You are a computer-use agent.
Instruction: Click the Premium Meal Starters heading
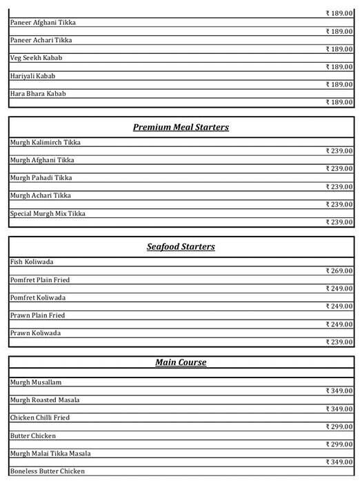pyautogui.click(x=181, y=128)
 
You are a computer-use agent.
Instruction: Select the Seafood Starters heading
pyautogui.click(x=181, y=247)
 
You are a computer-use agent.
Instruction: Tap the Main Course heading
pyautogui.click(x=181, y=362)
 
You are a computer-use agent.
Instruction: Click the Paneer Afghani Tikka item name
pyautogui.click(x=43, y=23)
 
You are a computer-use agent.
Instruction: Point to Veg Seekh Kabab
pyautogui.click(x=36, y=58)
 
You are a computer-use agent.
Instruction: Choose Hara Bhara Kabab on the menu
pyautogui.click(x=38, y=94)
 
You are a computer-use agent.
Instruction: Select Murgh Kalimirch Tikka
pyautogui.click(x=45, y=143)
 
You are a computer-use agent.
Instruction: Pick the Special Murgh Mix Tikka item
pyautogui.click(x=48, y=214)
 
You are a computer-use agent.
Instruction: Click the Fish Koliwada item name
pyautogui.click(x=32, y=262)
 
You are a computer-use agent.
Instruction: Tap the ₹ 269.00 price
pyautogui.click(x=339, y=270)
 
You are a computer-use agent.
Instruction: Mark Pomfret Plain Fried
pyautogui.click(x=40, y=280)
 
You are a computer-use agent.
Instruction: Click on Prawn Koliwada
pyautogui.click(x=35, y=333)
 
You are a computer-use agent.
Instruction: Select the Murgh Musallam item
pyautogui.click(x=37, y=382)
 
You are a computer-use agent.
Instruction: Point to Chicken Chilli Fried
pyautogui.click(x=40, y=418)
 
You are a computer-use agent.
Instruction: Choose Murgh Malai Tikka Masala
pyautogui.click(x=50, y=454)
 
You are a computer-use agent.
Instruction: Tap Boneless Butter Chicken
pyautogui.click(x=48, y=472)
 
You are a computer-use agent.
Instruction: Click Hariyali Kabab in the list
pyautogui.click(x=32, y=76)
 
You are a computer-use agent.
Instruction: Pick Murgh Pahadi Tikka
pyautogui.click(x=41, y=178)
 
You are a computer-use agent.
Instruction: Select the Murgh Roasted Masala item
pyautogui.click(x=45, y=400)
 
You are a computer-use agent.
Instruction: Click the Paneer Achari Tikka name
pyautogui.click(x=41, y=41)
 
